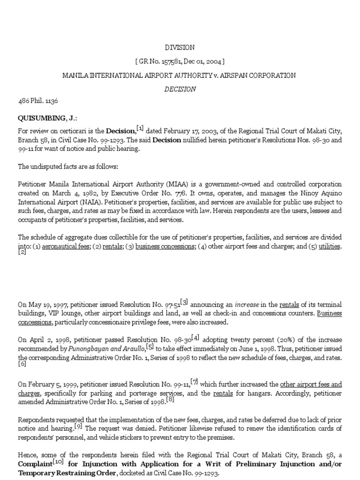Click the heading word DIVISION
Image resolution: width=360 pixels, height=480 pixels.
[x=180, y=48]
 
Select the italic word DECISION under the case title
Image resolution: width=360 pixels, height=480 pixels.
[x=180, y=89]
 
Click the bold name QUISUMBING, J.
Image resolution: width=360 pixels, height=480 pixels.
[x=41, y=119]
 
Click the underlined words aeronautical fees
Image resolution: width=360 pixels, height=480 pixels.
[x=66, y=246]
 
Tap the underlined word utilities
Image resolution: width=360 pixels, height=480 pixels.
[x=329, y=246]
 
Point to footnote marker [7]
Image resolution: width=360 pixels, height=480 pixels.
[x=194, y=381]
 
